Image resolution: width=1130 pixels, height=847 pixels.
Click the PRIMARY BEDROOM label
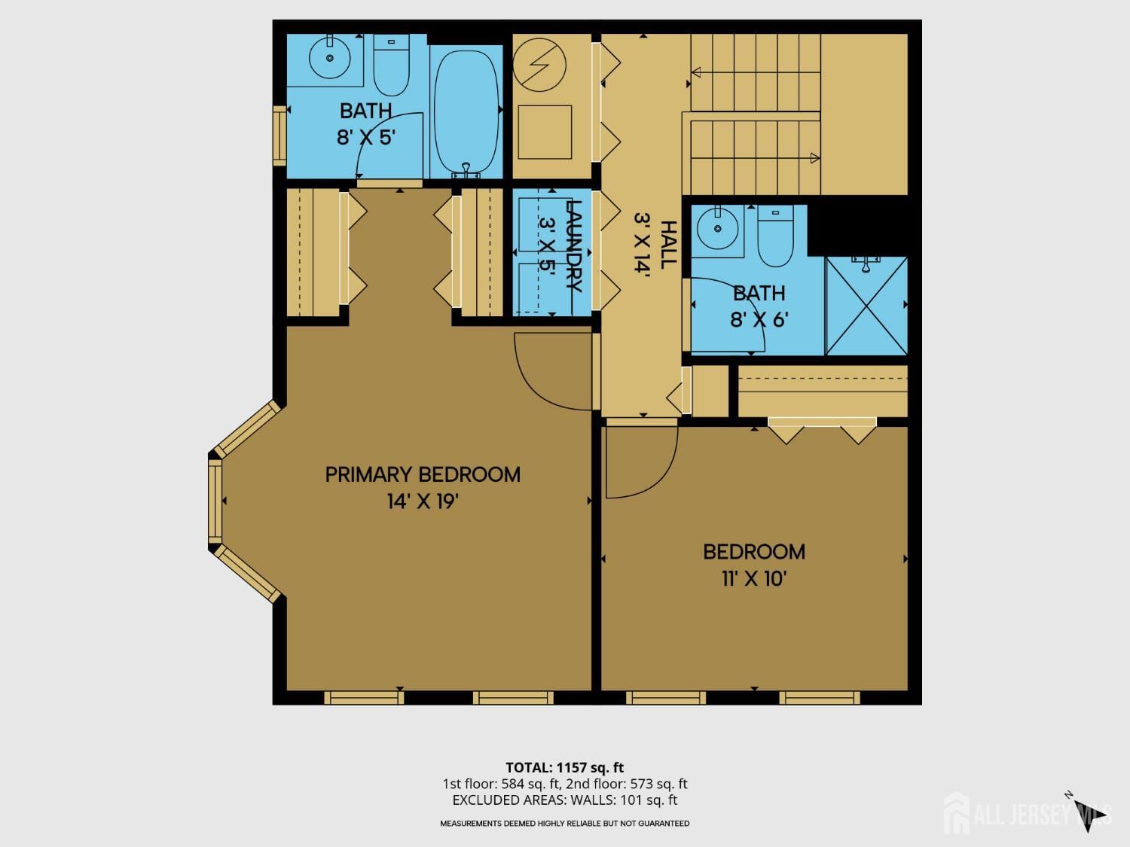[x=423, y=474]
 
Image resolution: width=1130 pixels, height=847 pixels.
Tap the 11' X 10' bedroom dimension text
[x=754, y=579]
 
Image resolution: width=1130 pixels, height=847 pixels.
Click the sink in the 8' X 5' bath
[x=329, y=56]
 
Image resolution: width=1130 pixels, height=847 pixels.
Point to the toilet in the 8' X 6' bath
[x=775, y=235]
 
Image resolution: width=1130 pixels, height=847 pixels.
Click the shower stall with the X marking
[x=866, y=306]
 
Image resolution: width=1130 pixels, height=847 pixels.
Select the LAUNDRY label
[x=573, y=246]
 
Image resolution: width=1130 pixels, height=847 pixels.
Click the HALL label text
[x=667, y=245]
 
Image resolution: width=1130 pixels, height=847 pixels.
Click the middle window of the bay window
[x=215, y=501]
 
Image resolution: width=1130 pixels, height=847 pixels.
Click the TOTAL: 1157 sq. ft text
[x=564, y=768]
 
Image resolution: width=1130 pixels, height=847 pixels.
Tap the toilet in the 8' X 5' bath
[x=391, y=65]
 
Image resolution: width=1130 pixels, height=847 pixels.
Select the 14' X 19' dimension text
[x=423, y=501]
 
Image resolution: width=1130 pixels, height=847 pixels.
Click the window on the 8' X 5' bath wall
[x=279, y=136]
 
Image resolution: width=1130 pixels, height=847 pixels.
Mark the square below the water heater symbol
[x=544, y=133]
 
